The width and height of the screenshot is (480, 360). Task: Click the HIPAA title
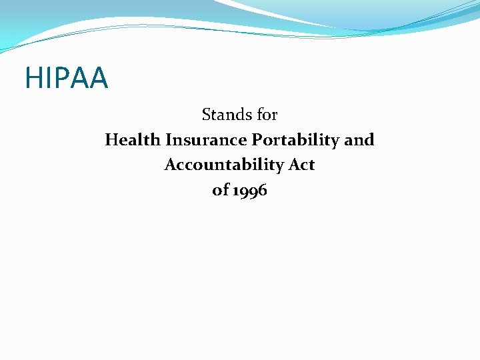pos(66,78)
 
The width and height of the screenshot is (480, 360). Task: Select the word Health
pos(133,140)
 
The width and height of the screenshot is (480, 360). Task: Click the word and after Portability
pos(359,140)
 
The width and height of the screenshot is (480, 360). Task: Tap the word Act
pos(302,165)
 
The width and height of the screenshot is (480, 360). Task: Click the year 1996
pos(249,191)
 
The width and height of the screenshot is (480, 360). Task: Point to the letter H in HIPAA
pos(33,78)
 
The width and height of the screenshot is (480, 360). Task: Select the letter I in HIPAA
pos(47,78)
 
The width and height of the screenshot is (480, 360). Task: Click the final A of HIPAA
pos(97,78)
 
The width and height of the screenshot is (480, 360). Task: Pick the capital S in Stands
pos(206,115)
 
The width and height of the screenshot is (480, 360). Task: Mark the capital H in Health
pos(111,140)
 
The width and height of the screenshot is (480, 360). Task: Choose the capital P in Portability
pos(256,140)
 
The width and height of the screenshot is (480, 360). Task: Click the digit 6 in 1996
pos(262,190)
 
